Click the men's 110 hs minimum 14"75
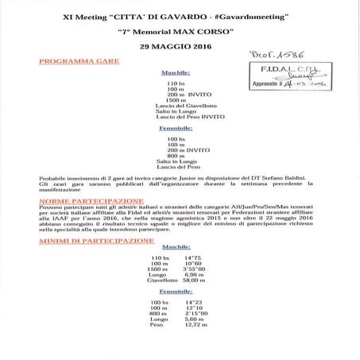[193, 258]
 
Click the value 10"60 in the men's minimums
[193, 264]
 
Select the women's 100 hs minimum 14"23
[193, 303]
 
